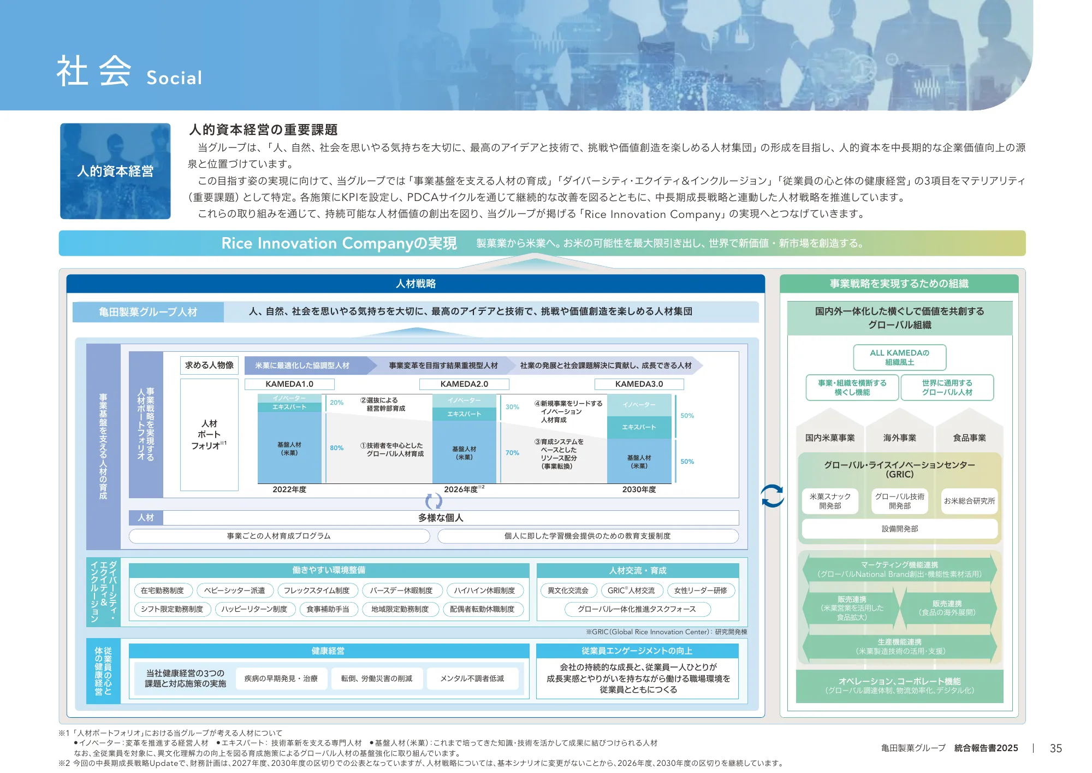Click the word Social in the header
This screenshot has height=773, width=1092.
[x=174, y=78]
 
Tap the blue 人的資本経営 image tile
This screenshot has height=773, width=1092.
[x=115, y=171]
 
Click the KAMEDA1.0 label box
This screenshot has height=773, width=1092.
[x=289, y=384]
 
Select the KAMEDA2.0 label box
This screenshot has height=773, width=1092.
[x=464, y=384]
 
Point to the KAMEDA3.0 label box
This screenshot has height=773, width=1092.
[x=639, y=384]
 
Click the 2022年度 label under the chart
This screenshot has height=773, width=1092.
[x=289, y=489]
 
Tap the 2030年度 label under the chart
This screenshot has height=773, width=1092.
[x=639, y=489]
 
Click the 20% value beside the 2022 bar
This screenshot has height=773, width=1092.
[x=337, y=403]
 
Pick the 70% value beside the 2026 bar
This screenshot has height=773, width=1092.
[x=512, y=453]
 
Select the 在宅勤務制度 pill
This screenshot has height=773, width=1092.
[x=162, y=591]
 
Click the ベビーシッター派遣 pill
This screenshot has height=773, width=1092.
[x=234, y=591]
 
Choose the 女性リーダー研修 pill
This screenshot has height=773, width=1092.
[x=701, y=591]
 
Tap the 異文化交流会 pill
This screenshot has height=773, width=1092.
[x=568, y=591]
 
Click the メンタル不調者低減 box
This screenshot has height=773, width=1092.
[x=472, y=678]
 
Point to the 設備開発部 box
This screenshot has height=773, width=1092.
[x=900, y=529]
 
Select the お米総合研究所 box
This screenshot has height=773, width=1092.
[x=969, y=501]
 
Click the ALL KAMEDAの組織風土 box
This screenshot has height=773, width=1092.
[x=899, y=357]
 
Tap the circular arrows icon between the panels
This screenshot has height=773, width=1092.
[x=772, y=496]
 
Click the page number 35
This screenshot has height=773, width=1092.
[x=1056, y=748]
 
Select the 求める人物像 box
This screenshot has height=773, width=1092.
[x=209, y=365]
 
